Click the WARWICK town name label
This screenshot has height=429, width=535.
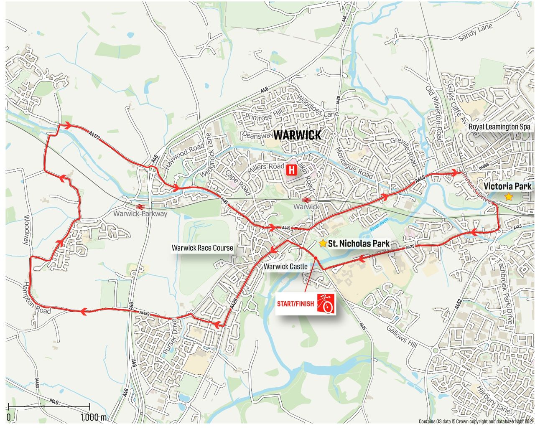click(x=297, y=135)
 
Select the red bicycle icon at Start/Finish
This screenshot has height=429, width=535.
click(x=326, y=304)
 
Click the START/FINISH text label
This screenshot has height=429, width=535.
click(x=295, y=304)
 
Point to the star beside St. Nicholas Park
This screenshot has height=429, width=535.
click(x=323, y=243)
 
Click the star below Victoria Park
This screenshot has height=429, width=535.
click(x=508, y=196)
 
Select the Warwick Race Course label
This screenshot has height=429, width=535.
click(x=202, y=248)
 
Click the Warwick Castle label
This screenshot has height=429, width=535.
click(x=285, y=267)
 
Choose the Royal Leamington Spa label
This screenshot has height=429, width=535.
click(x=499, y=127)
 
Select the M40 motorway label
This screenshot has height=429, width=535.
click(x=54, y=401)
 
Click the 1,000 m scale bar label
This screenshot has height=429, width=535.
click(x=94, y=417)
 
